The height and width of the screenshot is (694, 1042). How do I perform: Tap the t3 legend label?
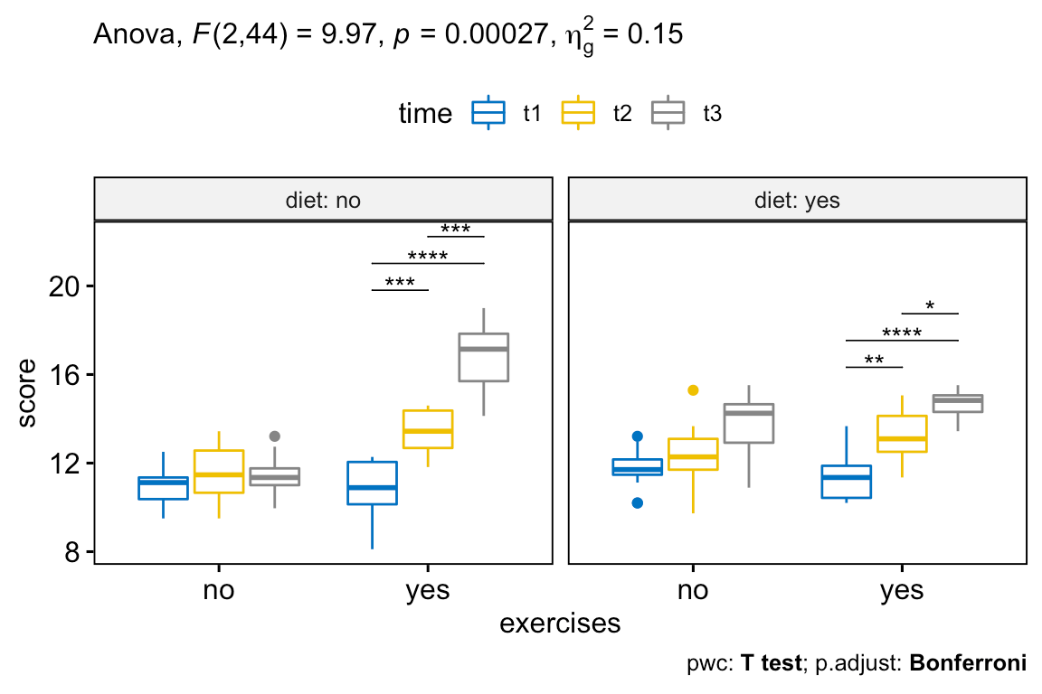click(712, 114)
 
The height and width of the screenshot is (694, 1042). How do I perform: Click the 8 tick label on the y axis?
click(72, 551)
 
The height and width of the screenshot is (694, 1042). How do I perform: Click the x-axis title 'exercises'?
click(560, 624)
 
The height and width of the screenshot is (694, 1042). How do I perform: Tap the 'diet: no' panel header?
click(323, 200)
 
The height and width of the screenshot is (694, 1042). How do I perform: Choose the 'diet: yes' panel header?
click(797, 200)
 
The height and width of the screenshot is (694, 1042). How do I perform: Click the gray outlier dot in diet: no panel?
click(275, 436)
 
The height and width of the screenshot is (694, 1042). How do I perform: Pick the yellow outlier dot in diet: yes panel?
click(693, 389)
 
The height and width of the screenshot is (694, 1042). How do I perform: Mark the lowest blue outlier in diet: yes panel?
click(637, 502)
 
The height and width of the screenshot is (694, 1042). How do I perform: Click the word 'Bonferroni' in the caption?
click(968, 664)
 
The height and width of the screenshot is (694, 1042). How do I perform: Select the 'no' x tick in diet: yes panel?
click(693, 591)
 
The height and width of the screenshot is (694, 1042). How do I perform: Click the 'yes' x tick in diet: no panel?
click(428, 591)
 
